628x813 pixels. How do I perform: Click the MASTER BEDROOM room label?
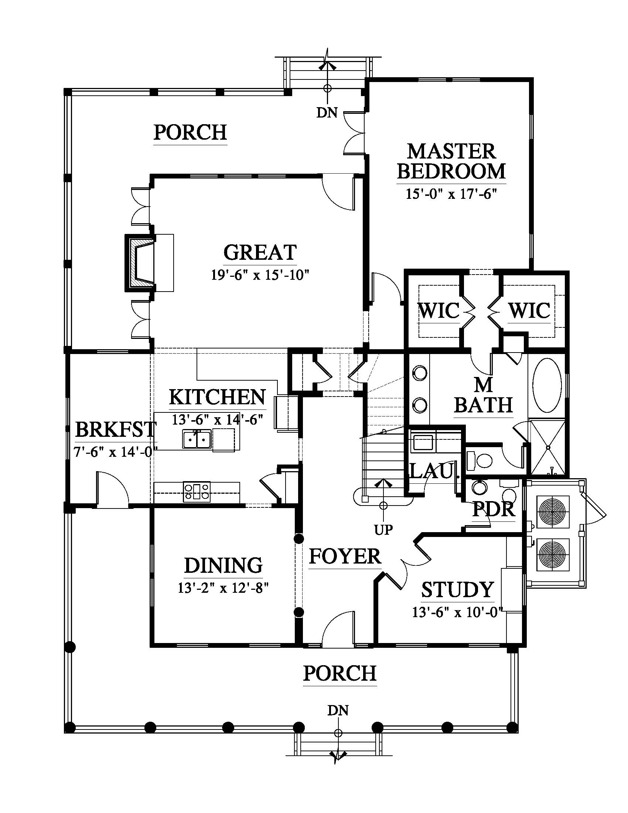coord(451,161)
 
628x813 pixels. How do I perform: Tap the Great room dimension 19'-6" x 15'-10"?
coord(260,275)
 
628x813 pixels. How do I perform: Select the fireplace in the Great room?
coord(141,263)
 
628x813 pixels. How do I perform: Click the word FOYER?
coord(345,557)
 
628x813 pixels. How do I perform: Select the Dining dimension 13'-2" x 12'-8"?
coord(223,588)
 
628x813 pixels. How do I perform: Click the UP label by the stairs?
coord(383,530)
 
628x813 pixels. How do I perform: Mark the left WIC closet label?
coord(438,310)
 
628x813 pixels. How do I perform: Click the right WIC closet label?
coord(529,310)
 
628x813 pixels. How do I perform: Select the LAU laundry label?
coord(431,471)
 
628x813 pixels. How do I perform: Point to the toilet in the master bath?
coord(480,460)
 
